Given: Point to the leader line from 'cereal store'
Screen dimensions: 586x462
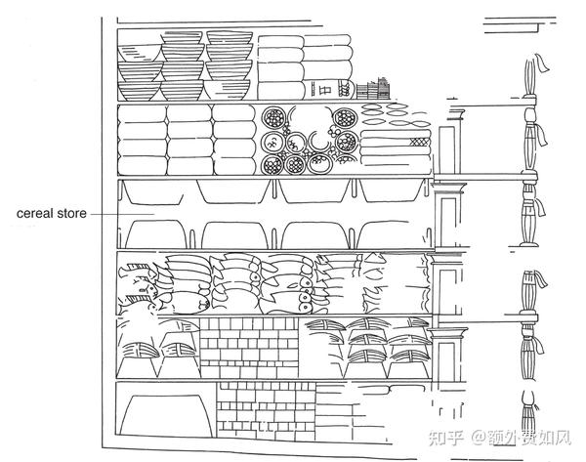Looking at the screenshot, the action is point(106,212).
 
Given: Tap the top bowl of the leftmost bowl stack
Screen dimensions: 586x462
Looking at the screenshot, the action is point(138,49).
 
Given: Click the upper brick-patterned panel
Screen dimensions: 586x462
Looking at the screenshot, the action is point(248,344).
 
